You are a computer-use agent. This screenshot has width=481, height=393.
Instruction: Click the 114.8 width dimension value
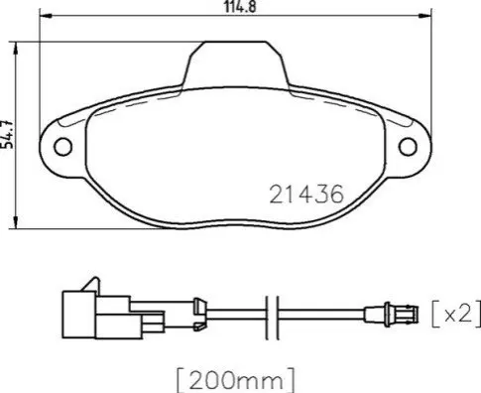point(240,7)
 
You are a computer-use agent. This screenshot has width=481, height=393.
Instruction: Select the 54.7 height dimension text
point(8,134)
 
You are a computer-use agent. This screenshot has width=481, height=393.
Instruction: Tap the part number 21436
point(306,195)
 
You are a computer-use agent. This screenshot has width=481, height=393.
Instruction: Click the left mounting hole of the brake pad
point(63,147)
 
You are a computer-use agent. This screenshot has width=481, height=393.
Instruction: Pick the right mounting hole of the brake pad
point(408,147)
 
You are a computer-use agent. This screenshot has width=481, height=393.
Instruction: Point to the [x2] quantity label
point(456,314)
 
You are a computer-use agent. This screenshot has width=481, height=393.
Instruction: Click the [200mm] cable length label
point(235,380)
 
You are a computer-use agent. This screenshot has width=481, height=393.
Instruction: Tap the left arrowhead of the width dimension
point(47,16)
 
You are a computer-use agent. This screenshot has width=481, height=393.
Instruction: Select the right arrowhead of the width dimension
point(424,16)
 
